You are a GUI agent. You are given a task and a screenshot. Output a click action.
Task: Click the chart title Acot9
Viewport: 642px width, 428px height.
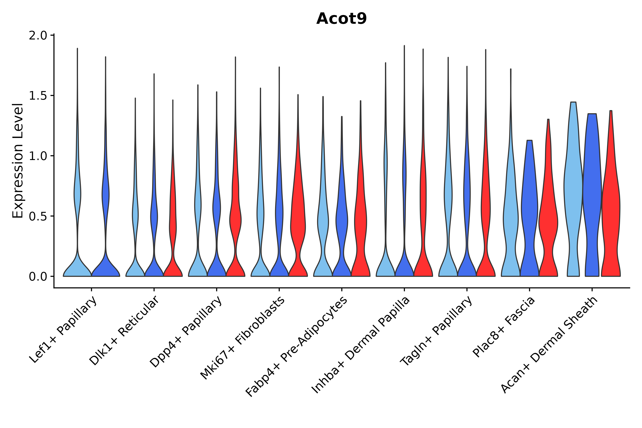(341, 19)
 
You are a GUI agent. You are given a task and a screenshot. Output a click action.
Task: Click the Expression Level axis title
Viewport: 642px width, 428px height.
(18, 161)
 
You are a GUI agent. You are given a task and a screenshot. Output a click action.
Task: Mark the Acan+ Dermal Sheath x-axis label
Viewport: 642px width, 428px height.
(549, 345)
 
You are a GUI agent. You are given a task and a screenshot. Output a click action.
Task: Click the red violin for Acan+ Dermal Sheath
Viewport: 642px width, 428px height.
(611, 207)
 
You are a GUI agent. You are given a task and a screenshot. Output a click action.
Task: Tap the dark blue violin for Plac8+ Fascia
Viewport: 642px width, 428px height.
(530, 213)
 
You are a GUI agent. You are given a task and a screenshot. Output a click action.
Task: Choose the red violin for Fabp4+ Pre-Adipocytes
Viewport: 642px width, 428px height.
(360, 218)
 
